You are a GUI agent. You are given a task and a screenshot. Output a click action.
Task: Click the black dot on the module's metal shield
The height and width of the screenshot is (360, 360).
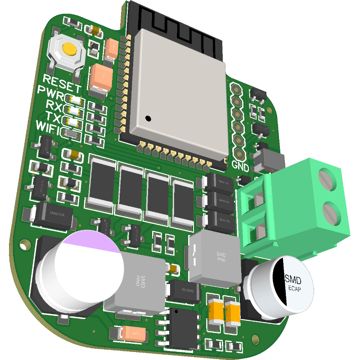[148, 118]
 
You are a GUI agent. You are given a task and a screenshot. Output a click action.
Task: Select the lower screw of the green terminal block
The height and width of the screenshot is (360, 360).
[333, 213]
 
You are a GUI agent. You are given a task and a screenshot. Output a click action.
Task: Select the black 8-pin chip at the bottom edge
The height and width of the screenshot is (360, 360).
[183, 328]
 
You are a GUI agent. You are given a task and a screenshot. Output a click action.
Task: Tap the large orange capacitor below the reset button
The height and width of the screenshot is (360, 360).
[101, 78]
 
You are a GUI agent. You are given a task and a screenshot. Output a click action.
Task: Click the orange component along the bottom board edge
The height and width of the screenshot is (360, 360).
[134, 333]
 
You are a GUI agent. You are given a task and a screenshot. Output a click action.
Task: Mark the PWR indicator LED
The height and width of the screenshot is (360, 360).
[74, 100]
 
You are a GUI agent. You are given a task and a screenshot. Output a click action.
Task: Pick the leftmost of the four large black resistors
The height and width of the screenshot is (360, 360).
[103, 182]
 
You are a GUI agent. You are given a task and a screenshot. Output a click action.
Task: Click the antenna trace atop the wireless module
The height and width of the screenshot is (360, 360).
[175, 20]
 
